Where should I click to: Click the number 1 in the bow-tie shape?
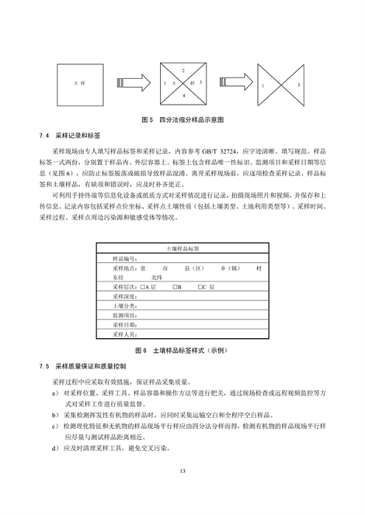(x=263, y=85)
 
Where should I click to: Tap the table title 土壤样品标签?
(x=183, y=251)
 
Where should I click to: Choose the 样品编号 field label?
(x=125, y=259)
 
